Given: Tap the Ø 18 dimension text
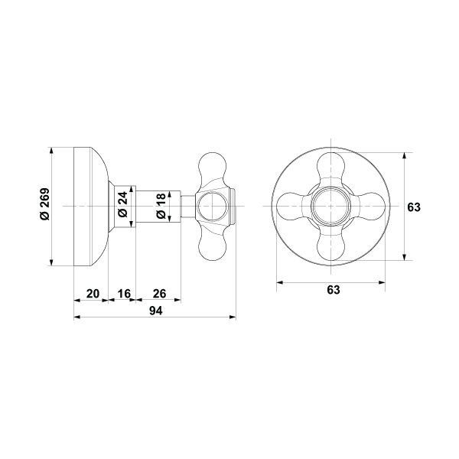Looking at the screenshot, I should point(160,206).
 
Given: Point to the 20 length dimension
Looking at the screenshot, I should point(91,293).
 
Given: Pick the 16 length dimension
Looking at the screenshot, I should point(125,293).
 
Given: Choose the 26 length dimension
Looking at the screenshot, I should point(160,293).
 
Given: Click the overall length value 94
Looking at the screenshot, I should point(155,311).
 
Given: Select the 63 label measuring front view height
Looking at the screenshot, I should point(415,207).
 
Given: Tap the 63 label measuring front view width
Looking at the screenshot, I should point(334,290).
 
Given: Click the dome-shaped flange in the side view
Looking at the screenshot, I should point(90,206).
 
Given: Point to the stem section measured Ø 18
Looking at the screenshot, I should point(170,206).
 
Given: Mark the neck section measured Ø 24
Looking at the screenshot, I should point(131,206).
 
